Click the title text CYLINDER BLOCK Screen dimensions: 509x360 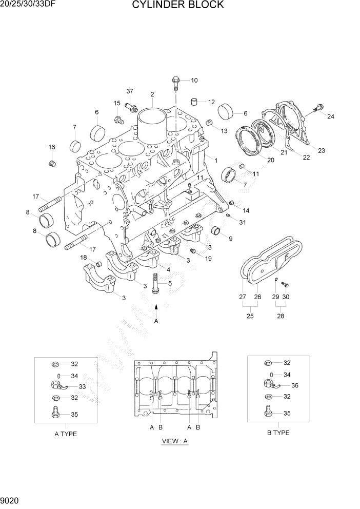178,5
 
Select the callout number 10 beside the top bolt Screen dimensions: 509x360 194,80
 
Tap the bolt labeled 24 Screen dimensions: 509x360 317,107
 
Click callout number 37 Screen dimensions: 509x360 130,91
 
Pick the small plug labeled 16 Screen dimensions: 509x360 51,163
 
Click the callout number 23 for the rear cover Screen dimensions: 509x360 321,150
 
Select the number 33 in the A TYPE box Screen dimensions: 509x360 82,386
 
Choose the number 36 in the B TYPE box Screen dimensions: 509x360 294,385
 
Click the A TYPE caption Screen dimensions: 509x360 66,434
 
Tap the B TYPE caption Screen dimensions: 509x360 278,433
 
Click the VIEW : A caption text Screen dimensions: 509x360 175,441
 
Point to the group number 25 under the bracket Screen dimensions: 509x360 250,316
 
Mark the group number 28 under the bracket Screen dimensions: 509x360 281,316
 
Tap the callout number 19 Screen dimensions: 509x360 208,259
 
